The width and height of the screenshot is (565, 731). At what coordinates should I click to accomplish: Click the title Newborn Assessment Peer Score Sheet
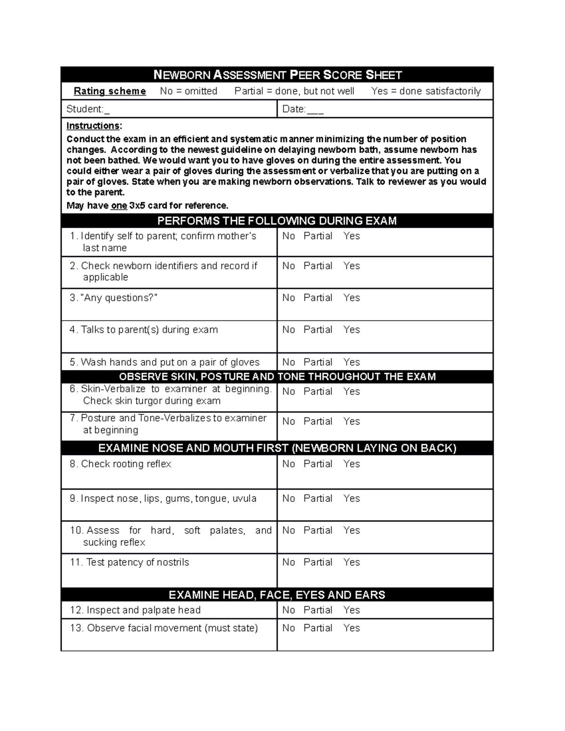[x=277, y=75]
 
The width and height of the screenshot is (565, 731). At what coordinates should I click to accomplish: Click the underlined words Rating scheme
[x=110, y=91]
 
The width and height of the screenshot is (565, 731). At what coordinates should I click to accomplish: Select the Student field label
[x=85, y=109]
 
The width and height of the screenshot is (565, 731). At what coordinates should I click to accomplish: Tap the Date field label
[x=294, y=109]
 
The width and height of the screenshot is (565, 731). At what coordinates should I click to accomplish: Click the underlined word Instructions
[x=93, y=126]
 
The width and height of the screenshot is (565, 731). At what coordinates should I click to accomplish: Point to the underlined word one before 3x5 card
[x=119, y=206]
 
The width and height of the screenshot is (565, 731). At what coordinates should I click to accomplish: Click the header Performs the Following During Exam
[x=277, y=221]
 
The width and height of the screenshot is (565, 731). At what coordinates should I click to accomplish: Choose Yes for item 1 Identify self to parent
[x=351, y=236]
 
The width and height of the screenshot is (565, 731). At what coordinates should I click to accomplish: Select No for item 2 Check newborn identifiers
[x=288, y=266]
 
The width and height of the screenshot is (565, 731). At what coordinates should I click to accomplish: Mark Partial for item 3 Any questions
[x=318, y=298]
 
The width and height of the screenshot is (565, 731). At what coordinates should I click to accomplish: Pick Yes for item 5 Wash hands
[x=351, y=362]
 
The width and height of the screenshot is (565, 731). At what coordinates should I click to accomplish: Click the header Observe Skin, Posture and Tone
[x=277, y=377]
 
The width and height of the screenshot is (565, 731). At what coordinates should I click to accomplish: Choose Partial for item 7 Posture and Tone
[x=318, y=421]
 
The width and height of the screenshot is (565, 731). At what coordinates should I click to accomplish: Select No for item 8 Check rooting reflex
[x=288, y=464]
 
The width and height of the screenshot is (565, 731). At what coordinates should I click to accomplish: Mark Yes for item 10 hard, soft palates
[x=351, y=530]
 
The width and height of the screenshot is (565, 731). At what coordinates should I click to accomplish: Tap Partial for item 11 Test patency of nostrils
[x=318, y=562]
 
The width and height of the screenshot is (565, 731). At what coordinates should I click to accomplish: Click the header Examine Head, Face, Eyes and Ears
[x=277, y=595]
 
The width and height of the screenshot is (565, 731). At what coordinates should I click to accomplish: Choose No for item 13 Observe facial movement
[x=288, y=628]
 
